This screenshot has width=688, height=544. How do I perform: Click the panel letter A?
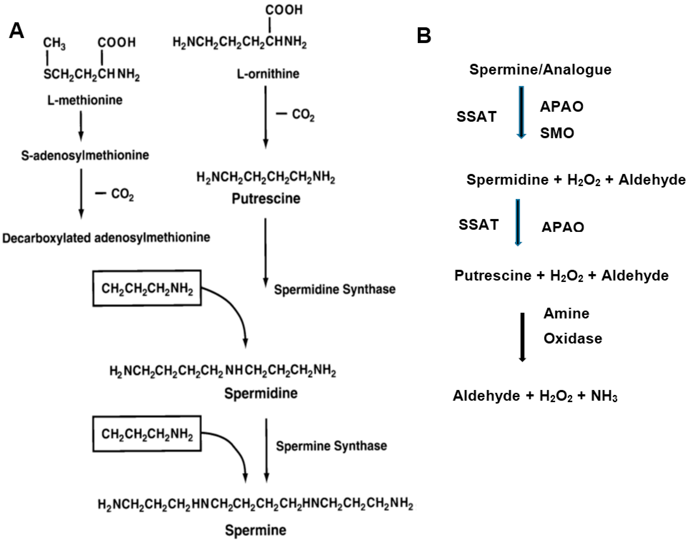(17, 31)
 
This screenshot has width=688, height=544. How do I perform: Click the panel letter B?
(424, 36)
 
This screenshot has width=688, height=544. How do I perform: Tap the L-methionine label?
(85, 100)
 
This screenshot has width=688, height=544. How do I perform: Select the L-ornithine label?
(268, 74)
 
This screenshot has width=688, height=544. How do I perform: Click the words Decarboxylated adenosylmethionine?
(106, 238)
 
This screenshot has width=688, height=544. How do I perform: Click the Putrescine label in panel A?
(266, 198)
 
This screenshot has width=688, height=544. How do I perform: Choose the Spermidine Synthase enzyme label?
(335, 289)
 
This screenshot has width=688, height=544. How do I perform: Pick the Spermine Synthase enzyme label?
(331, 446)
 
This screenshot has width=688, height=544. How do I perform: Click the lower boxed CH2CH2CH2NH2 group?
(147, 434)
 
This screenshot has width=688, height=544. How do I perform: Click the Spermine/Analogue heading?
(540, 70)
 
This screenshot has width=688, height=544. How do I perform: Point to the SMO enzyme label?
(557, 133)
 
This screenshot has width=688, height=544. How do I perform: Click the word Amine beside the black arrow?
(566, 313)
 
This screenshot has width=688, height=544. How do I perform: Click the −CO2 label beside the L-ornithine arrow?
(295, 115)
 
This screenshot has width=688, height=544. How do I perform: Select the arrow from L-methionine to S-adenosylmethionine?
(81, 126)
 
